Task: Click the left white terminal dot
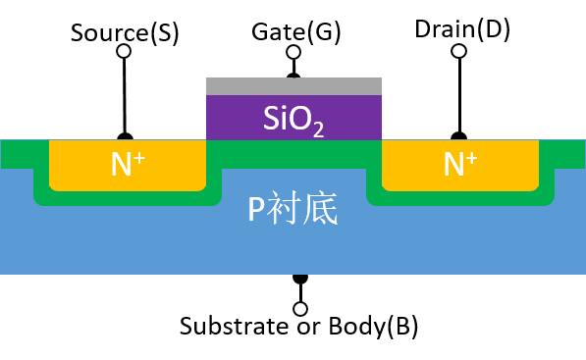[124, 51]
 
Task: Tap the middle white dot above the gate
[293, 52]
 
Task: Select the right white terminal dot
[458, 51]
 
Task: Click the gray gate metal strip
[293, 86]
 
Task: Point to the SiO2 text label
[293, 119]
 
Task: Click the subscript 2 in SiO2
[319, 128]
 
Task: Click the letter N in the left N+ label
[121, 165]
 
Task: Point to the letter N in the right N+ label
[453, 165]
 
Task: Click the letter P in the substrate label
[256, 210]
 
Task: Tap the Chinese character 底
[321, 210]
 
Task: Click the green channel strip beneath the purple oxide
[293, 153]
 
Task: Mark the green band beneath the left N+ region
[128, 198]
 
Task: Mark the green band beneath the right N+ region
[460, 198]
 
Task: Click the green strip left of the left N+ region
[24, 154]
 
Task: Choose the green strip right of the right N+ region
[561, 154]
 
